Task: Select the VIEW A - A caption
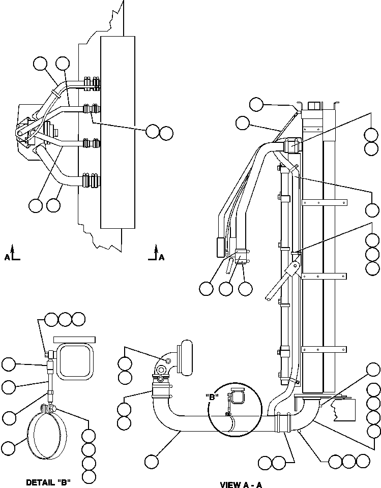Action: (241, 484)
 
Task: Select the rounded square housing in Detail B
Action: (75, 361)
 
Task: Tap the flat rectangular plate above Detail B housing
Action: (74, 339)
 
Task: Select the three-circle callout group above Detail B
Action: (65, 319)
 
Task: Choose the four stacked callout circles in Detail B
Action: (89, 456)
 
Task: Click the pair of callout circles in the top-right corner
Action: (372, 141)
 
